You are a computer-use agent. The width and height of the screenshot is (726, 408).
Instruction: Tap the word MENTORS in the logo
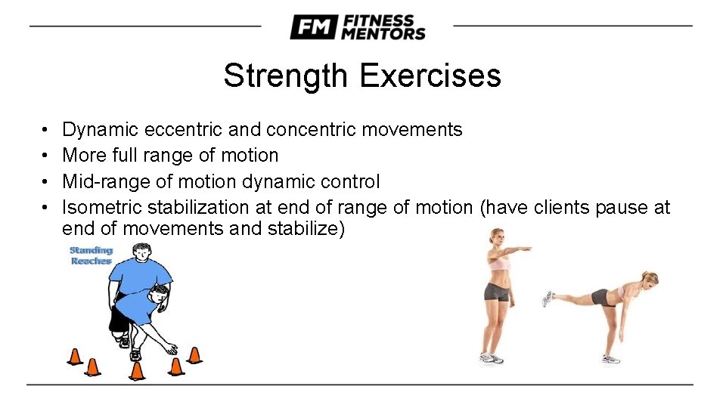(383, 33)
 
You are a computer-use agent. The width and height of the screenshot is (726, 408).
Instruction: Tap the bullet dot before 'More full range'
(46, 156)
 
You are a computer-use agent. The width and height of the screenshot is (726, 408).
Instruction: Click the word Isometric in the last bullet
(102, 207)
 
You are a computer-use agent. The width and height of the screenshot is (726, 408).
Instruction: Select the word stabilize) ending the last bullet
(307, 229)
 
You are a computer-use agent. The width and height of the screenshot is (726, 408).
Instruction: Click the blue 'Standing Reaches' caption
(92, 255)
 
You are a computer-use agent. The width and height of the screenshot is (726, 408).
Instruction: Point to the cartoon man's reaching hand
(172, 350)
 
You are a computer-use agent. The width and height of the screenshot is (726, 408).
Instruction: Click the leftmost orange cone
(74, 356)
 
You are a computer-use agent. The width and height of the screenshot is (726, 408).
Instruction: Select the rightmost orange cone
(194, 354)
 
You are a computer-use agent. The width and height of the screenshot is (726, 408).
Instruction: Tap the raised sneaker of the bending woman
(548, 299)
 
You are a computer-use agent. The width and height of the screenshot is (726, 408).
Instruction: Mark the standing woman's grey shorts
(496, 292)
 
